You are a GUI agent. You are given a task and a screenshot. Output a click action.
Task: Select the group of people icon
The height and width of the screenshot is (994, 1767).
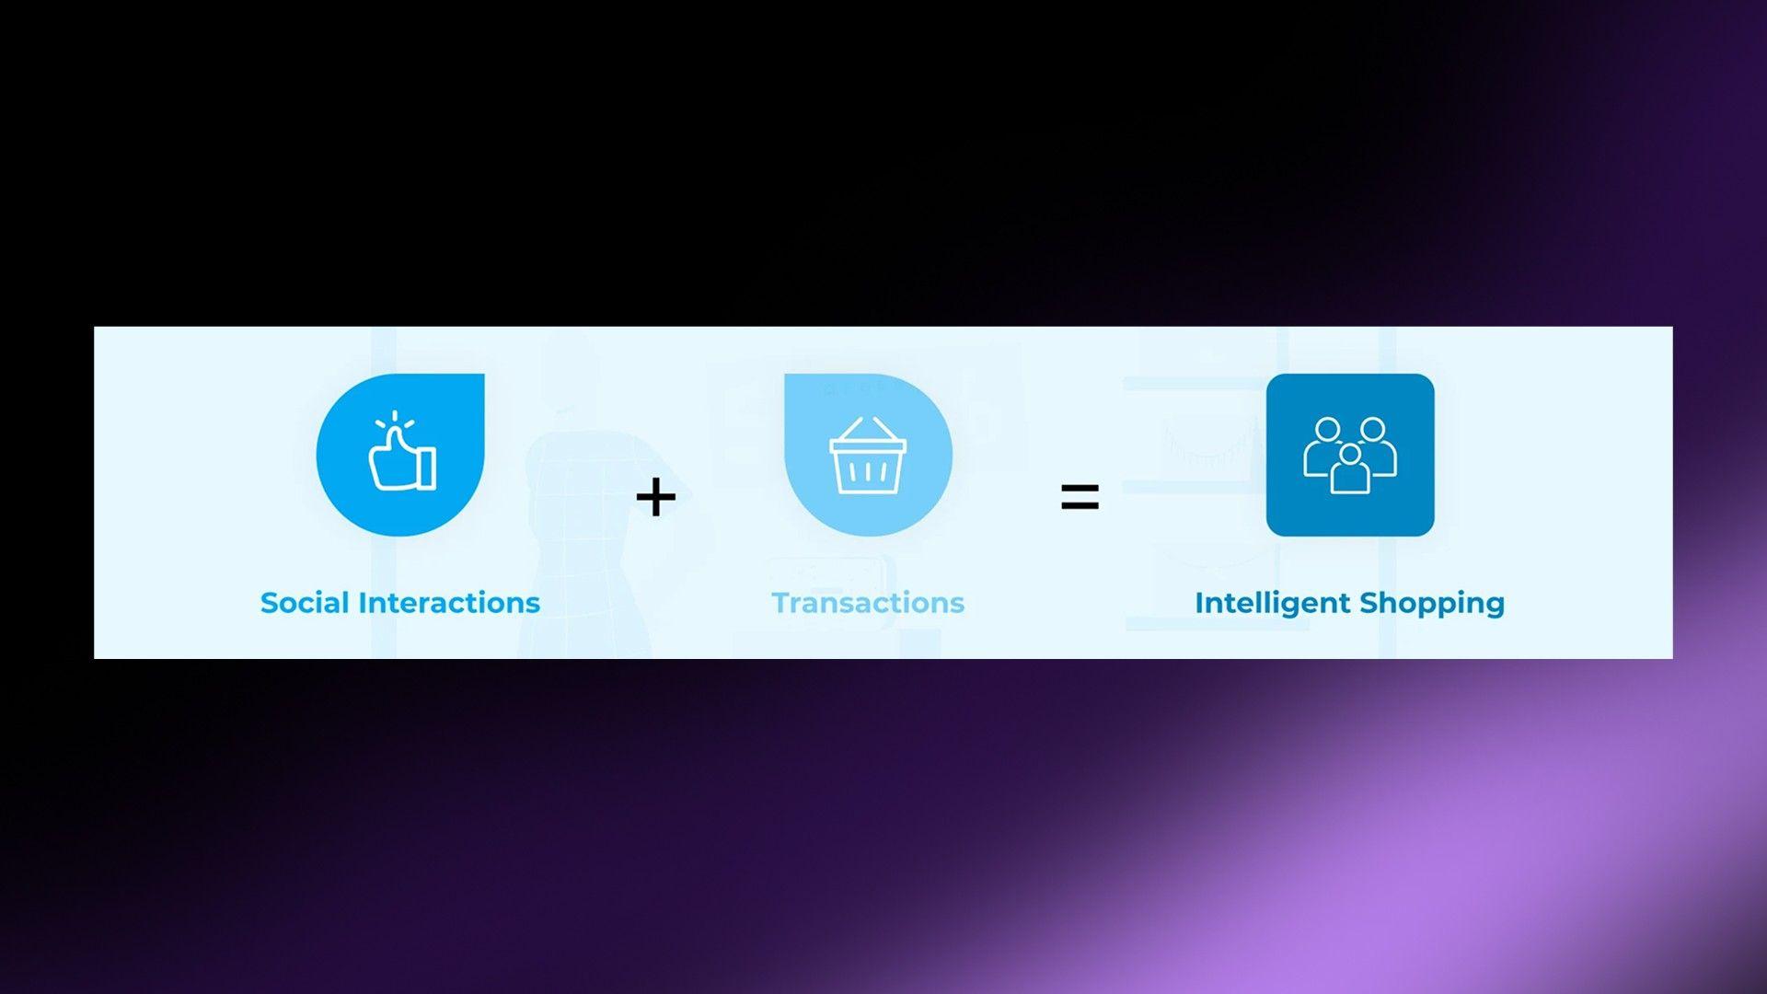[1350, 455]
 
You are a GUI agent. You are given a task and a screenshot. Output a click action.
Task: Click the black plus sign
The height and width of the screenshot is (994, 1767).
[656, 497]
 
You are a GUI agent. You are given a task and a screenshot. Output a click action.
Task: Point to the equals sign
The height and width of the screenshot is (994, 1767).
[1080, 497]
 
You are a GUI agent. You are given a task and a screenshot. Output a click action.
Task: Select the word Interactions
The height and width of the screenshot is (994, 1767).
[449, 603]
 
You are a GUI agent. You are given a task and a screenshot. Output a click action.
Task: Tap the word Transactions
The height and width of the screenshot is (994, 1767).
[868, 603]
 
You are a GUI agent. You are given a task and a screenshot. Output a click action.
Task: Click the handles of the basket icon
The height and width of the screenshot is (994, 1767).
[868, 429]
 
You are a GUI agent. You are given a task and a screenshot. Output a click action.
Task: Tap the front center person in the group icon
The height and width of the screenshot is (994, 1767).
[1350, 469]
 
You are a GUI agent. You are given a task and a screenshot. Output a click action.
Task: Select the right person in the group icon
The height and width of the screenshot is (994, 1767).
[1378, 446]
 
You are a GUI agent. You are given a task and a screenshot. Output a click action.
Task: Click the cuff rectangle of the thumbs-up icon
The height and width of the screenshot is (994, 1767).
[427, 468]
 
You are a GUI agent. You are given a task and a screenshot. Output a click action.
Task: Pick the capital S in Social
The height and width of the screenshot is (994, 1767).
[270, 604]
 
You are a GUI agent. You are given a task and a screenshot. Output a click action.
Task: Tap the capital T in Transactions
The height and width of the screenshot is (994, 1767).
[781, 603]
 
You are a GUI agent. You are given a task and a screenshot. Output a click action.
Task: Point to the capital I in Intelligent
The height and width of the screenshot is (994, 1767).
[1198, 603]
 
